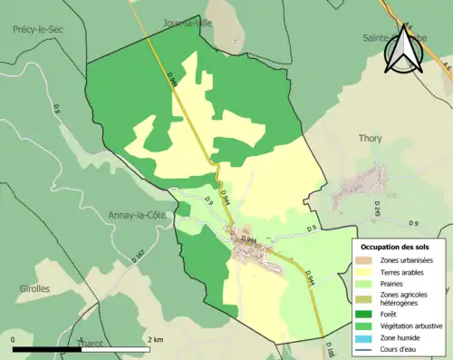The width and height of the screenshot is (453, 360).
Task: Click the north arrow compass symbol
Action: coord(404,49)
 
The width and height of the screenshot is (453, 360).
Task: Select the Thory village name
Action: coord(369,138)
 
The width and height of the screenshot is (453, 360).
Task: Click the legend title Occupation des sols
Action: coord(395,247)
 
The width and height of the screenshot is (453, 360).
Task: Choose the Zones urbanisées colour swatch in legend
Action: coord(366,261)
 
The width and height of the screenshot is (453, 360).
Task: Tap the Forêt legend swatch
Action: coord(366,314)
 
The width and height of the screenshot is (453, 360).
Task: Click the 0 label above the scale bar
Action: coord(14,339)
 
